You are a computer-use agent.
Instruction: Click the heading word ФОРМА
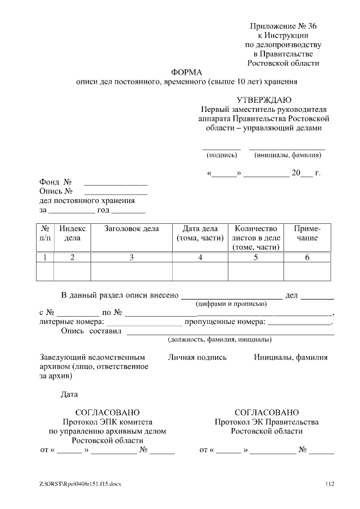[x=186, y=72]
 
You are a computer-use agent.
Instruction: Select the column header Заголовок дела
[x=132, y=229]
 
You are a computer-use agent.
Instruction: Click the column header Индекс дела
[x=72, y=233]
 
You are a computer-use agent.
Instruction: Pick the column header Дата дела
[x=200, y=233]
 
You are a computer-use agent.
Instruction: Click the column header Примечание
[x=307, y=233]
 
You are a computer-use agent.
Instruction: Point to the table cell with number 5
[x=255, y=258]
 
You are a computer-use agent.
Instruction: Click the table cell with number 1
[x=45, y=258]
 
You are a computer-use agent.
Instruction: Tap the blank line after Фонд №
[x=115, y=184]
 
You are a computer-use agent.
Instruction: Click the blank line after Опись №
[x=115, y=194]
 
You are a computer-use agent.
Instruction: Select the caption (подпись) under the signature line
[x=222, y=155]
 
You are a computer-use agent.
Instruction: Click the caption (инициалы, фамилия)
[x=287, y=155]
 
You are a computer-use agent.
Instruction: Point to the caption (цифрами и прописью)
[x=231, y=304]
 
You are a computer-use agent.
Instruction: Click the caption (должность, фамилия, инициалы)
[x=220, y=340]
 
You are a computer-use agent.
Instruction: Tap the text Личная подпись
[x=197, y=357]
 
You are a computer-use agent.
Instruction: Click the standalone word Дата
[x=70, y=394]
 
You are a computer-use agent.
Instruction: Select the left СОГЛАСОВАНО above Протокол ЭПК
[x=107, y=413]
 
